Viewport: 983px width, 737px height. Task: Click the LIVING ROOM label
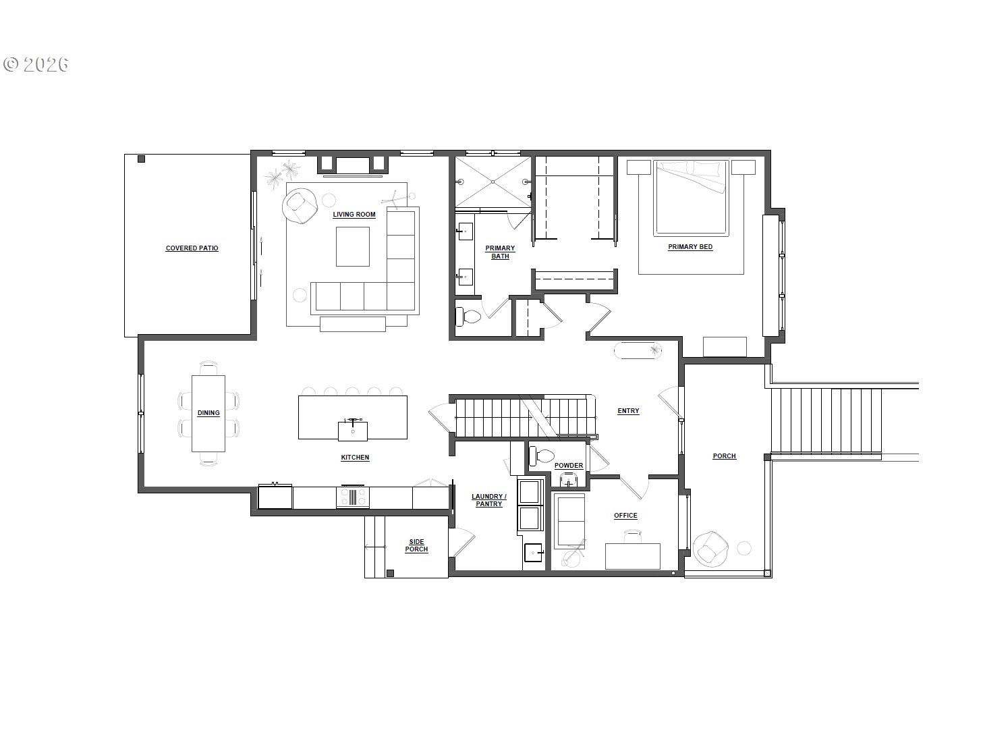click(x=354, y=215)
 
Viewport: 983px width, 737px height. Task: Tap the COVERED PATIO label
click(x=192, y=248)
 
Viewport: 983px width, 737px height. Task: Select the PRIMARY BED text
click(x=690, y=247)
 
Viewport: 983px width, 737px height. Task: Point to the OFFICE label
click(x=625, y=516)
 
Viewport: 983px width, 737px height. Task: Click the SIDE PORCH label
click(x=416, y=545)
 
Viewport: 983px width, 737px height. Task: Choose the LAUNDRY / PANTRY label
click(x=488, y=500)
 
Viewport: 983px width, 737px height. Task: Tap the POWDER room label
click(x=568, y=466)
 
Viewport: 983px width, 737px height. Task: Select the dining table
click(x=208, y=413)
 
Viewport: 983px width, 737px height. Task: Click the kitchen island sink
click(x=353, y=430)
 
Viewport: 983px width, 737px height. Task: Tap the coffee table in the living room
click(x=353, y=246)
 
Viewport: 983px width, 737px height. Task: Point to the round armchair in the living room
click(x=300, y=205)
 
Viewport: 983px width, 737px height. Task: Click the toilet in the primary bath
click(x=468, y=316)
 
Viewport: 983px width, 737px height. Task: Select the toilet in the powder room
click(x=540, y=456)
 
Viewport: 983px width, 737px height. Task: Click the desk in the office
click(x=632, y=555)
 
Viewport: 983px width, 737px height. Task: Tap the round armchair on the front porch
click(x=710, y=547)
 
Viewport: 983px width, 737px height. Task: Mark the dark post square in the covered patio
click(x=141, y=159)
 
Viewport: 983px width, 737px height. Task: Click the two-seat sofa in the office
click(x=569, y=521)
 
